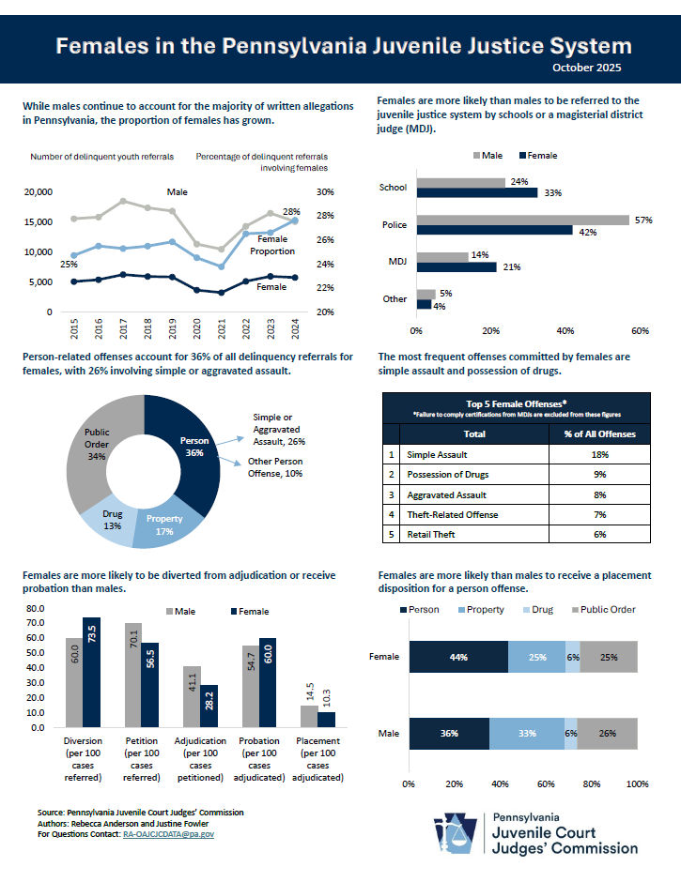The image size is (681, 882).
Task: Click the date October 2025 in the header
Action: click(586, 68)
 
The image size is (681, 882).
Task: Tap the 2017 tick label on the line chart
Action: click(123, 329)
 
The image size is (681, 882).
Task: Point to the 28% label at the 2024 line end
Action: click(291, 212)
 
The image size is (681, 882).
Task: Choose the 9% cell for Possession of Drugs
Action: click(599, 474)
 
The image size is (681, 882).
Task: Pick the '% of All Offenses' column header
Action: click(599, 433)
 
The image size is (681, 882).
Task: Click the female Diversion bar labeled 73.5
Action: click(91, 672)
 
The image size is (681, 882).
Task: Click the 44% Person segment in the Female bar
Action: click(458, 657)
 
